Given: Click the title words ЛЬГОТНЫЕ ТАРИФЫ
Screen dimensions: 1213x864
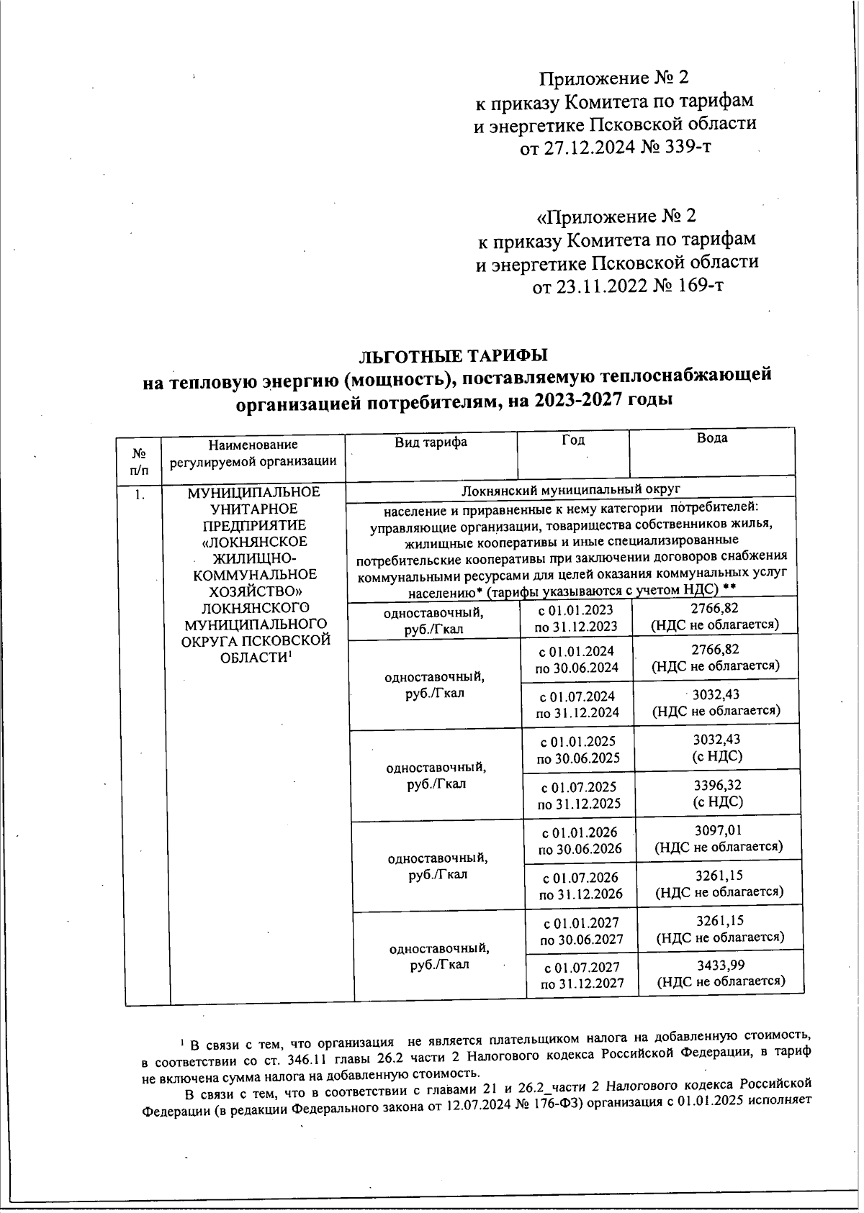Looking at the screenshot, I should click(x=453, y=356).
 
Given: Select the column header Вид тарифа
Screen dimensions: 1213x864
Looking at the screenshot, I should click(x=431, y=442).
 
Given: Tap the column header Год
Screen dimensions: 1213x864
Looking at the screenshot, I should click(x=573, y=440).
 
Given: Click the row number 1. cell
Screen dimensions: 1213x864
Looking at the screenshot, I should click(x=143, y=494).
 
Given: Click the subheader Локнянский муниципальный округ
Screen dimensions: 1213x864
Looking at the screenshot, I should click(x=570, y=490).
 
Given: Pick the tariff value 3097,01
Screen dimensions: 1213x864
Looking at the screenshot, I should click(x=718, y=831).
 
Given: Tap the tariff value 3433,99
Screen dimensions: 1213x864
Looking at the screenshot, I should click(x=721, y=965).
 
